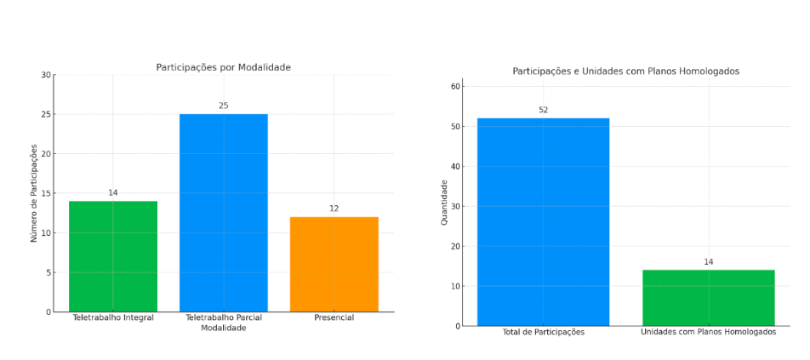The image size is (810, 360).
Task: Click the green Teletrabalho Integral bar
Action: coord(113,256)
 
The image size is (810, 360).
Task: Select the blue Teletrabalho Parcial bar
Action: coord(223,213)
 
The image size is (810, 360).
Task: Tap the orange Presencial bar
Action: coord(334,264)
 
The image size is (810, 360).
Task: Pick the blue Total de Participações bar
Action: coord(543,221)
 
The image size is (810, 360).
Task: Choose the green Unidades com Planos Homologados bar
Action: coord(708,297)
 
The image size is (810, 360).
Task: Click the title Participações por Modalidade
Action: coord(224,67)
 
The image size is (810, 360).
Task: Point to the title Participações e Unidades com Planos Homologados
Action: coord(625,71)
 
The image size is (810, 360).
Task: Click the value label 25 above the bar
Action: coord(224,106)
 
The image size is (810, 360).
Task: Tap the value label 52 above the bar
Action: coord(543,110)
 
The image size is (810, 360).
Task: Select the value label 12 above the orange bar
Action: coord(334,209)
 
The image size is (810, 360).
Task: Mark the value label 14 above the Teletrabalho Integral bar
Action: coord(113,192)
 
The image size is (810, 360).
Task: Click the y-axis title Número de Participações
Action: coord(35,193)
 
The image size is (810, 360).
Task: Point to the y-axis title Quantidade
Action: coord(444,202)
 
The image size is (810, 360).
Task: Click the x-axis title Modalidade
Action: coord(223,329)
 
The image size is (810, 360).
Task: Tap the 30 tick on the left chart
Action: coord(45,75)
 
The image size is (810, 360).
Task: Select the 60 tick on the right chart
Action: coord(456,87)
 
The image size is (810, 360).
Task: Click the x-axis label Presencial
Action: coord(334,317)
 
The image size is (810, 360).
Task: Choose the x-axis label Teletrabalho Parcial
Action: coord(223,317)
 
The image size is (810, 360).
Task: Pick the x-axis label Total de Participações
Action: coord(543,332)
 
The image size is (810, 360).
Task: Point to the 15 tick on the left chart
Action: coord(45,193)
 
